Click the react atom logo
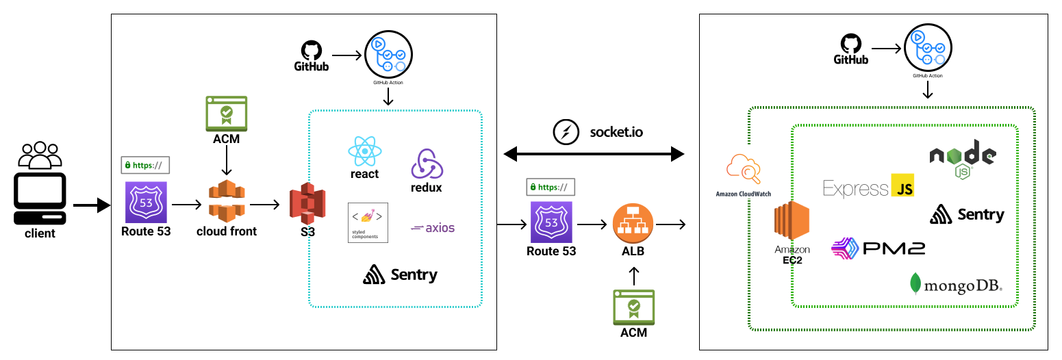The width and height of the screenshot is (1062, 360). pos(364,151)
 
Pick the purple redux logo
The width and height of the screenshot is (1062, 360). pos(427,164)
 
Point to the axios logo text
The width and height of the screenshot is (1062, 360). pos(433,228)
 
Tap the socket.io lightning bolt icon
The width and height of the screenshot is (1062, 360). pos(565,131)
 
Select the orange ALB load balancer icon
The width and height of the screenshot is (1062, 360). pos(633,222)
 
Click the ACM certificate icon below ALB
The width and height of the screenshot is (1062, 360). pos(633,306)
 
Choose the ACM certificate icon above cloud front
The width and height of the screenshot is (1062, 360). pos(226,113)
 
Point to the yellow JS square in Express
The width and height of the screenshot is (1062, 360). pos(902,185)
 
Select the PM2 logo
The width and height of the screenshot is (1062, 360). pos(878,247)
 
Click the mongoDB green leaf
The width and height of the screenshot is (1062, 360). pos(914,283)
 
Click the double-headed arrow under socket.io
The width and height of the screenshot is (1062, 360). pos(594,154)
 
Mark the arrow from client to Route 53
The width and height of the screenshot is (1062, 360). pos(91,205)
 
